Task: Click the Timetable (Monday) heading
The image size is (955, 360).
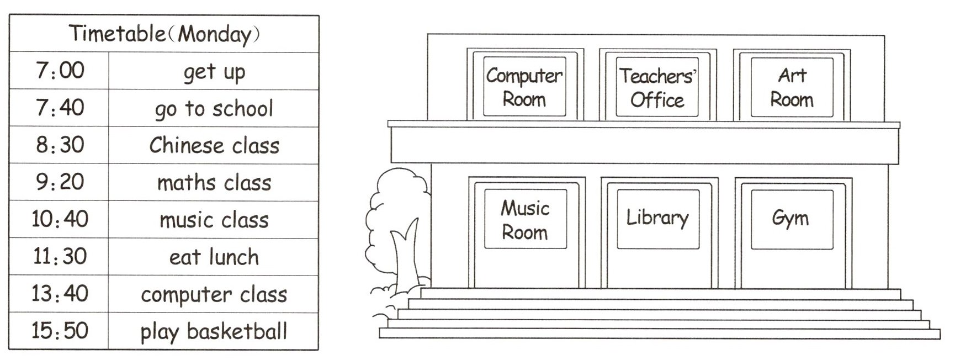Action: click(x=164, y=34)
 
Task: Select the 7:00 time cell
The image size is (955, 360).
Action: click(x=60, y=71)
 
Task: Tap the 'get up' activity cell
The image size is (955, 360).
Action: click(x=214, y=72)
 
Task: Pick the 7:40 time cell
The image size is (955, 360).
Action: click(x=60, y=108)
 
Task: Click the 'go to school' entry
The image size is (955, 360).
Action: click(x=214, y=109)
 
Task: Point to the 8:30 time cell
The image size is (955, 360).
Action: click(x=60, y=145)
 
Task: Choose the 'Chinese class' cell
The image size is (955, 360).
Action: click(x=214, y=146)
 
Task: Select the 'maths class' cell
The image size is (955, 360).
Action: click(x=214, y=183)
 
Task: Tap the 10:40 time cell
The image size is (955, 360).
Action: click(x=60, y=220)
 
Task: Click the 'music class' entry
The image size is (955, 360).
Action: click(x=214, y=220)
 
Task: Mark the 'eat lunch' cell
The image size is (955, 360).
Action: click(x=214, y=257)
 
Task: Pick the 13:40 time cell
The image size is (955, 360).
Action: click(x=60, y=294)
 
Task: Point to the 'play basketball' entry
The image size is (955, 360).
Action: click(x=214, y=331)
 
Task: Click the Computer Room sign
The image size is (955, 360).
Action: click(x=524, y=87)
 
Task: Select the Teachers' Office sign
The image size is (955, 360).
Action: click(x=657, y=87)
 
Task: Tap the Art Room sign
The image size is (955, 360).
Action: click(x=792, y=87)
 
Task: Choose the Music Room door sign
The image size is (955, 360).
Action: click(x=525, y=220)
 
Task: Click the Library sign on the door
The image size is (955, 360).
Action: click(x=657, y=218)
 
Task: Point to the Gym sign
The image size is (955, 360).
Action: click(x=790, y=219)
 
